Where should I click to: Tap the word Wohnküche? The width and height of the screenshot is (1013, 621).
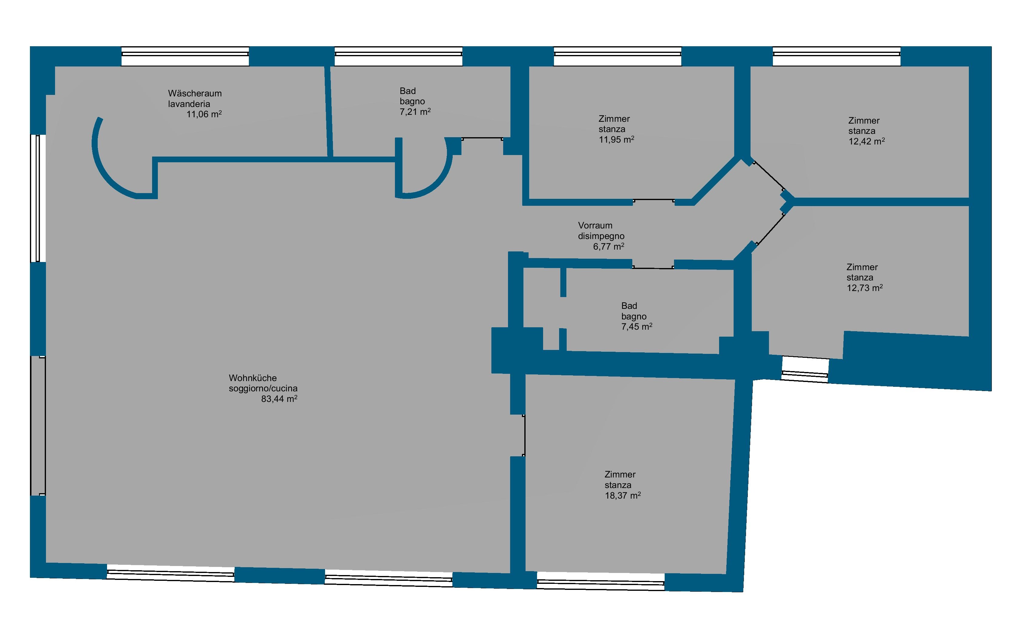coord(253,378)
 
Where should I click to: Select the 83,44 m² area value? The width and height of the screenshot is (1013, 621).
coord(279,399)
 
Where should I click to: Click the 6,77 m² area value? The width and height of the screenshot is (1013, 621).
coord(608,247)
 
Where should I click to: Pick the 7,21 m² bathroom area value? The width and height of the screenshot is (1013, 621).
coord(415,112)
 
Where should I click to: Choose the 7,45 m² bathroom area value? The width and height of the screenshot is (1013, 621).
coord(637,327)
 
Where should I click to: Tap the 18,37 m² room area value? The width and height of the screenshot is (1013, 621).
coord(623,496)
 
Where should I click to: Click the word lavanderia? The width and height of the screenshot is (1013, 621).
coord(189,104)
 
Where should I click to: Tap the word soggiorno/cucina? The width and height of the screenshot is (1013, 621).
coord(263,388)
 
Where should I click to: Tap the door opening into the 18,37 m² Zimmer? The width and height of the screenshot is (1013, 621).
coord(524,436)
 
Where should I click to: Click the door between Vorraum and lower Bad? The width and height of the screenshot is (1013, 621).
coord(653,267)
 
